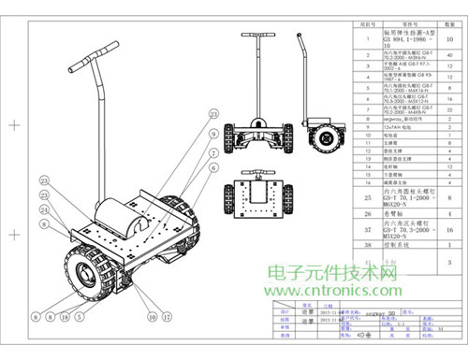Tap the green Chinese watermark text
pyautogui.click(x=333, y=272)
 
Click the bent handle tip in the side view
pyautogui.click(x=300, y=42)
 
